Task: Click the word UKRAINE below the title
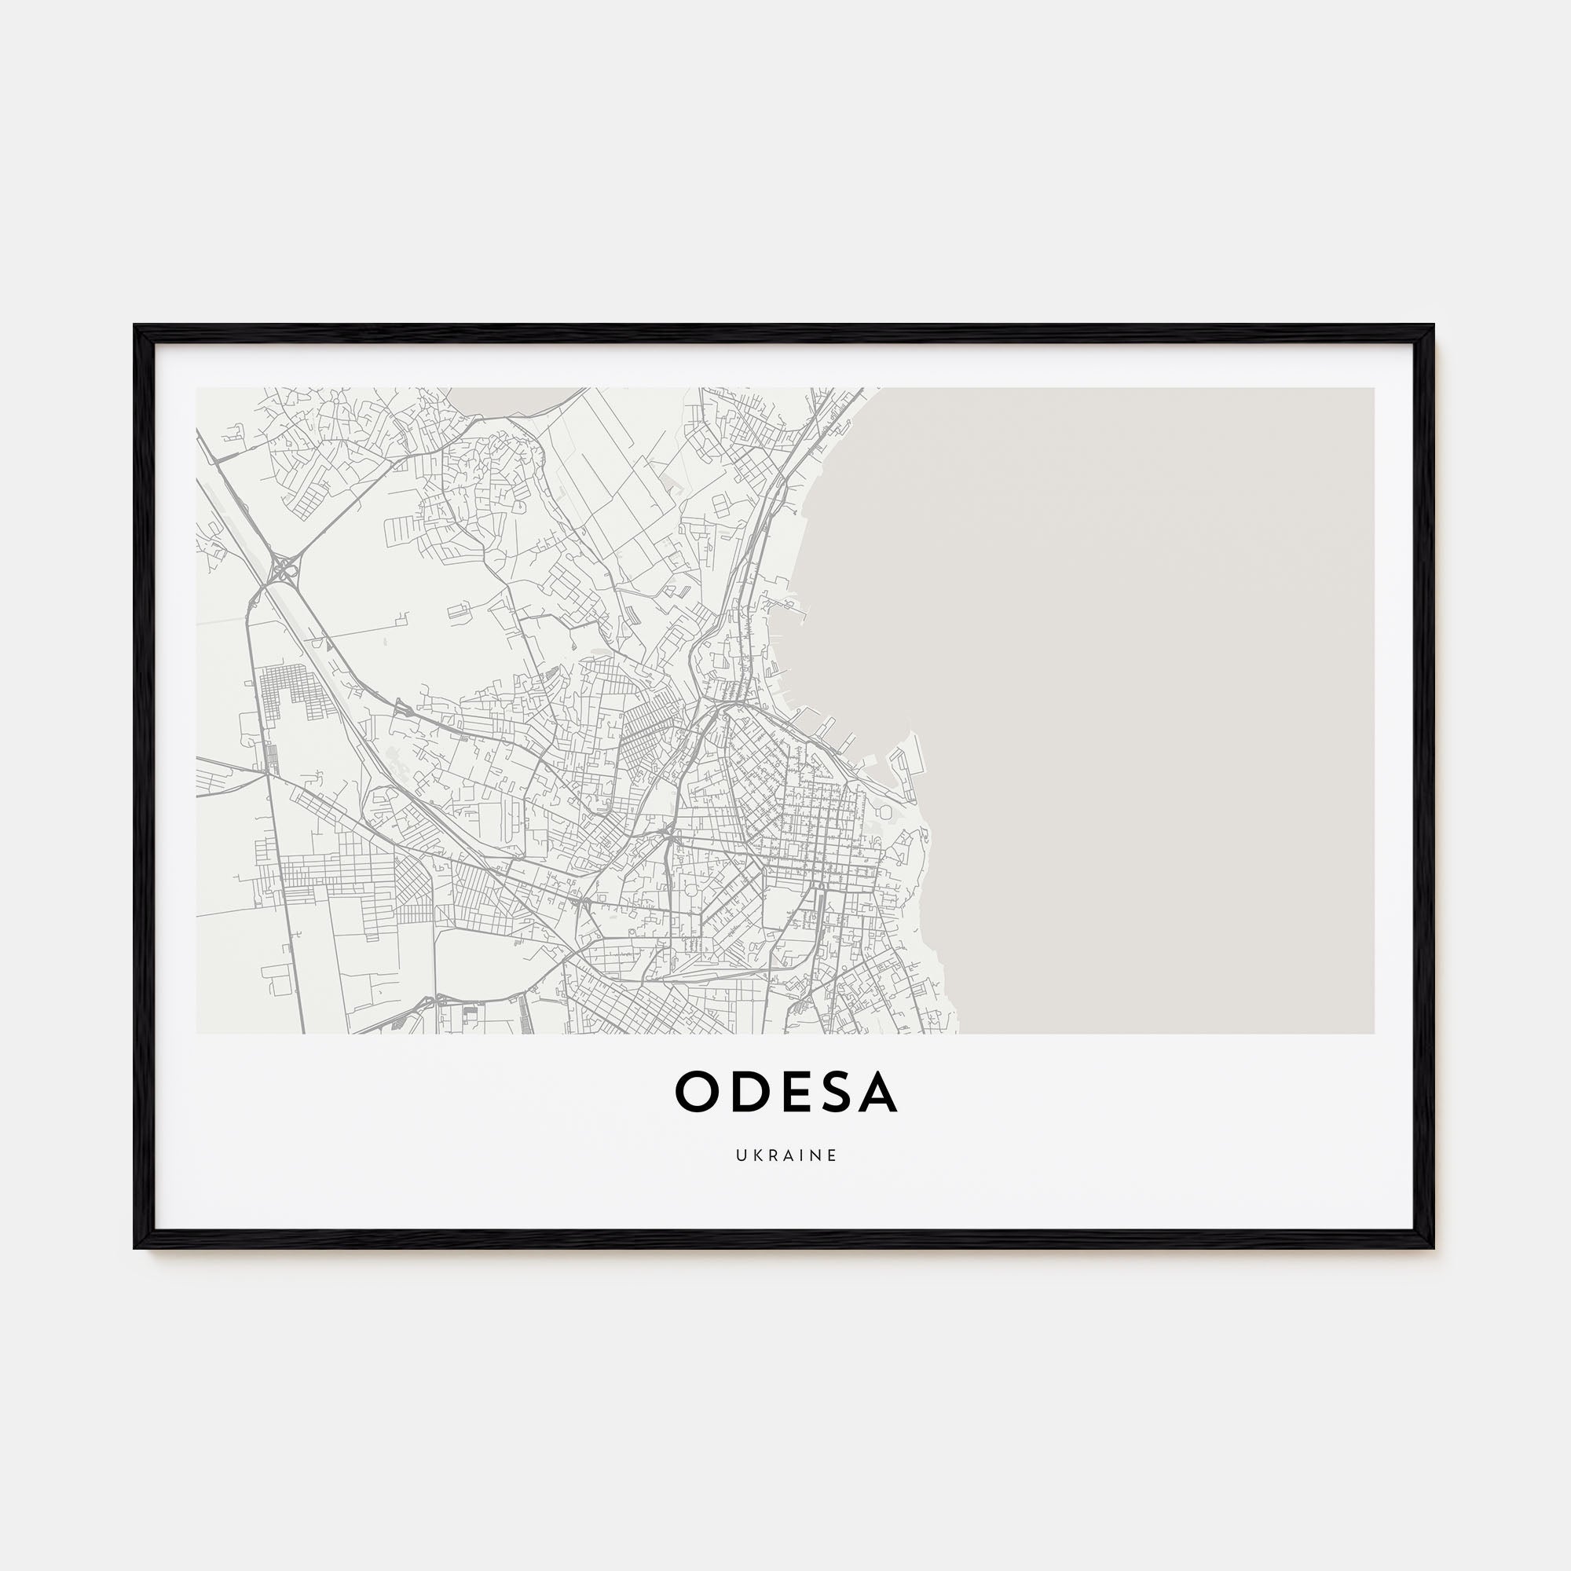point(786,1155)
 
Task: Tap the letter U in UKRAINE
point(741,1155)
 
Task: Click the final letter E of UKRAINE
point(832,1155)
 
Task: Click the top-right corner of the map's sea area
point(1372,390)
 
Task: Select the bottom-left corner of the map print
point(198,1033)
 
